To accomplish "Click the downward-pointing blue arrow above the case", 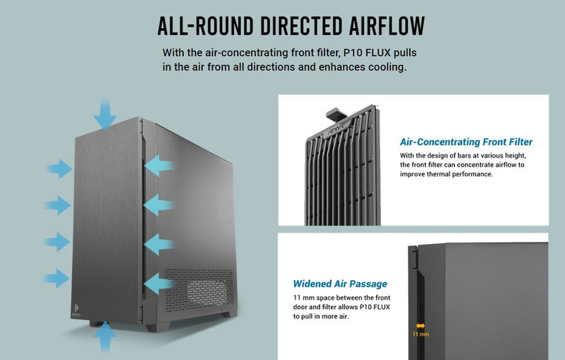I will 105,115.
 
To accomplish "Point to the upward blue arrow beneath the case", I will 105,337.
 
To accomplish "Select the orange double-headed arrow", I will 420,326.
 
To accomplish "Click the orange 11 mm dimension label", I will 420,335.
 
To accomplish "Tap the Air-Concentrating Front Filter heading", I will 466,142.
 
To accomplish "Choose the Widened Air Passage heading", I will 340,284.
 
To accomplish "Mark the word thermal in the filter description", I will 440,174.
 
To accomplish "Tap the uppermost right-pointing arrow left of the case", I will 58,168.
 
